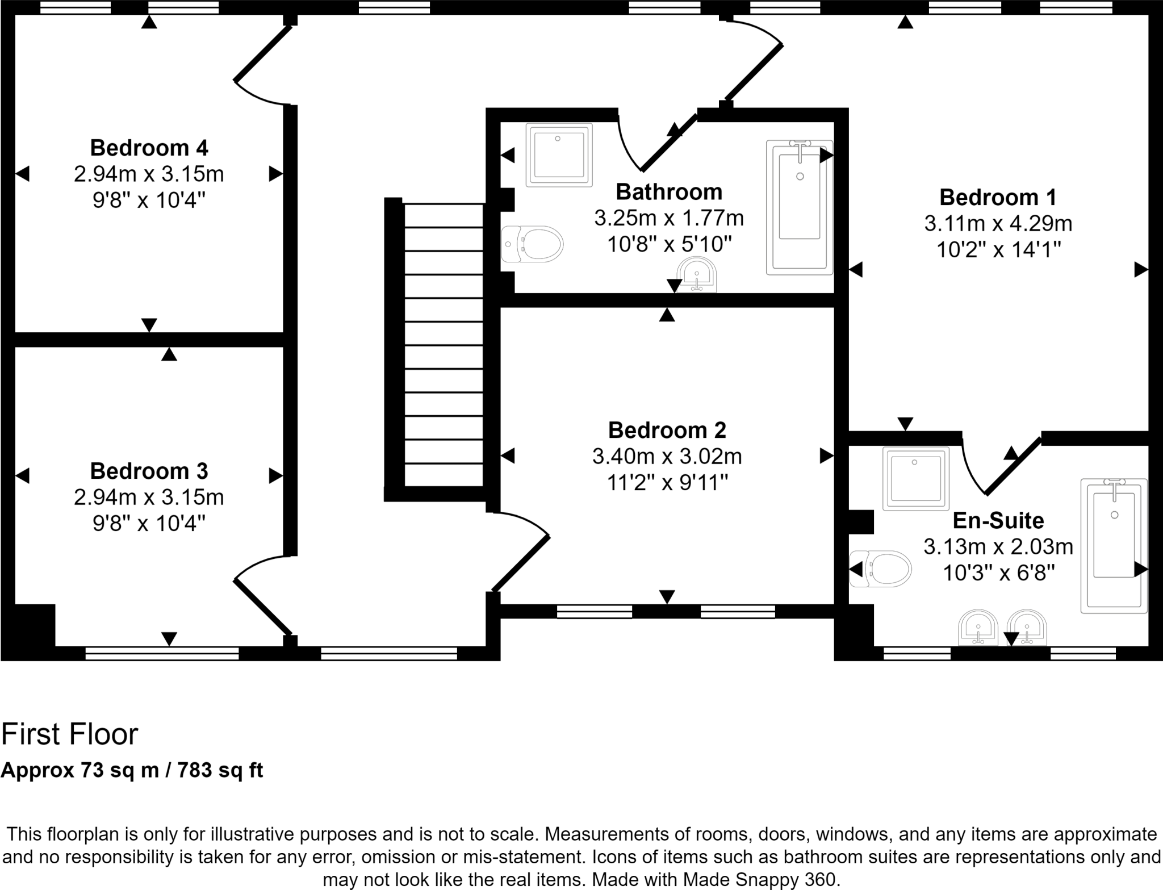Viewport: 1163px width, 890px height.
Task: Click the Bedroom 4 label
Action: point(149,148)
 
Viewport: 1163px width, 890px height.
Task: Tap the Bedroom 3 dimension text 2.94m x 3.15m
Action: point(149,497)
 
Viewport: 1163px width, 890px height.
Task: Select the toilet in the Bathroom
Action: point(532,244)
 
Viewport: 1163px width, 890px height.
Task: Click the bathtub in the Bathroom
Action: point(800,207)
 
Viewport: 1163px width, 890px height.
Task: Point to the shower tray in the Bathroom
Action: point(559,154)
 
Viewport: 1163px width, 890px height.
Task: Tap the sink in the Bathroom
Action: point(698,275)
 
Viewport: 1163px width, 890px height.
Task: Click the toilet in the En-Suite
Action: point(880,568)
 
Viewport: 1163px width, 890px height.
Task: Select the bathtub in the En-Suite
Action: point(1114,545)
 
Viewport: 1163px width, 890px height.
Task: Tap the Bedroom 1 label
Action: point(998,197)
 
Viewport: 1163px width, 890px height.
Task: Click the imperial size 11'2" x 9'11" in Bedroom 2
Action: point(667,483)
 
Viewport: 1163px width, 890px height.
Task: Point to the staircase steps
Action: point(444,346)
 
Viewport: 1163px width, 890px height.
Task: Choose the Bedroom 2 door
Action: point(521,562)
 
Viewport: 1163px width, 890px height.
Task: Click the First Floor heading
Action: point(69,734)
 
